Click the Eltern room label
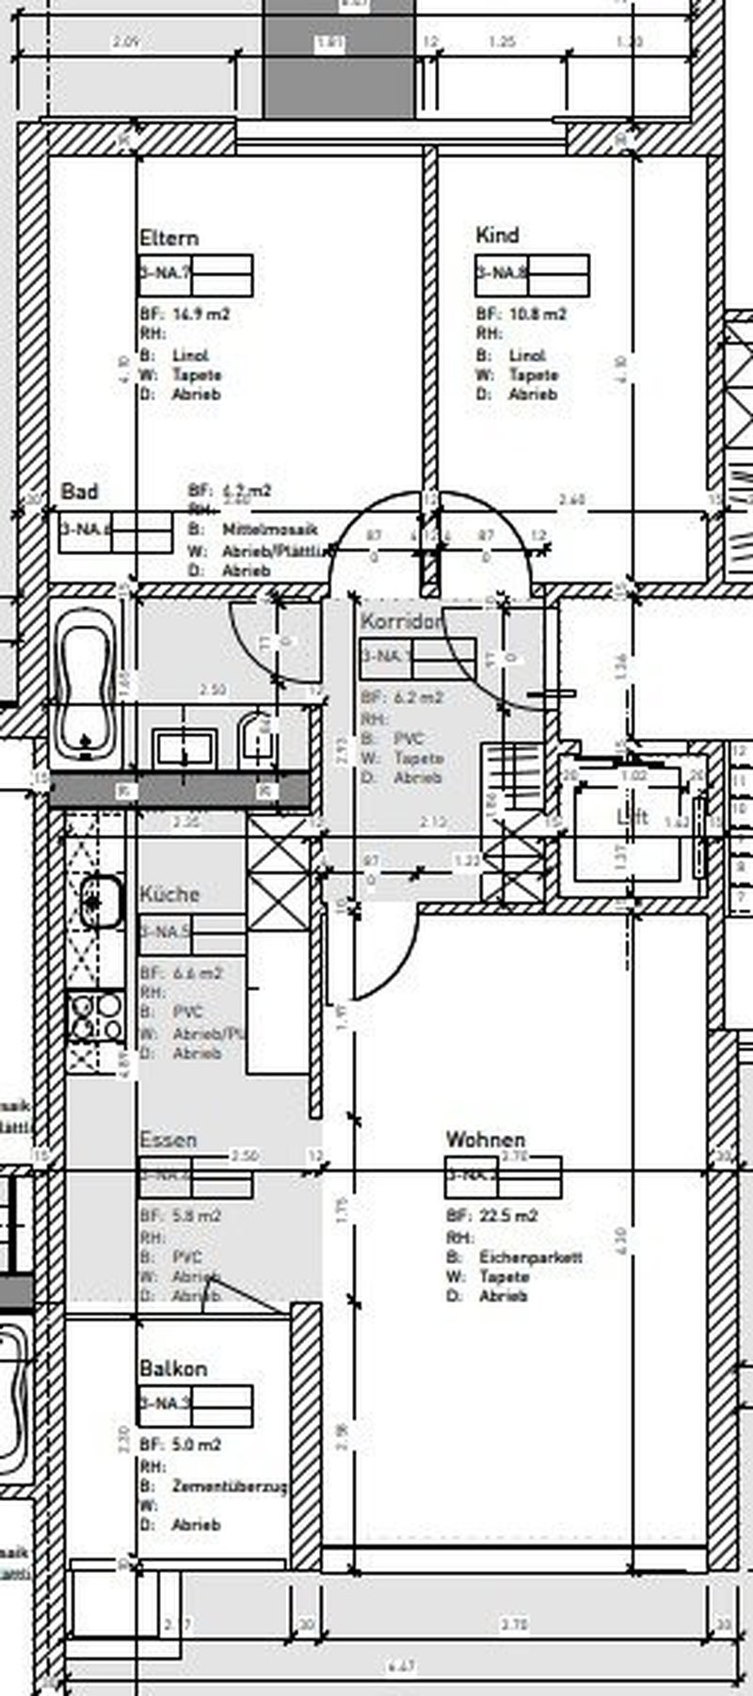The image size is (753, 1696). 168,237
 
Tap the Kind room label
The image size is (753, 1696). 497,235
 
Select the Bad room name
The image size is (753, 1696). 79,491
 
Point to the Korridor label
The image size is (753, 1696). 401,621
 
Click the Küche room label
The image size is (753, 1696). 169,893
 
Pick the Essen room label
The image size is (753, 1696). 168,1140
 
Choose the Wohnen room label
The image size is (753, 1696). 485,1140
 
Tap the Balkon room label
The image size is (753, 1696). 173,1368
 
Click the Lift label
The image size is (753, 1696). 632,817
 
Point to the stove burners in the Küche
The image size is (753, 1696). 97,1016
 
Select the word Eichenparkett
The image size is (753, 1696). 531,1257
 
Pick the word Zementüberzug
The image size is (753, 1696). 230,1487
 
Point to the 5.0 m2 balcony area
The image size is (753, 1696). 197,1445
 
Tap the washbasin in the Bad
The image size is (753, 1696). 186,749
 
